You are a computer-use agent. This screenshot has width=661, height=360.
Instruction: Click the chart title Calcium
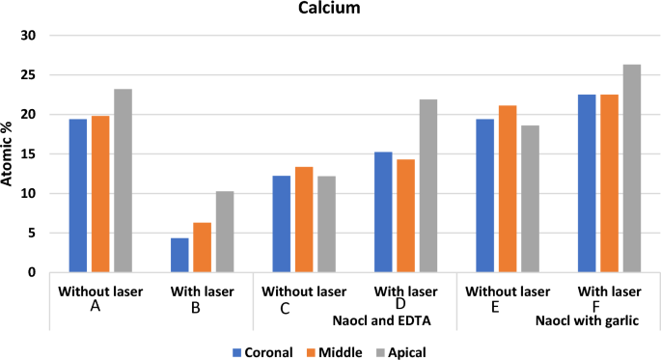pos(330,10)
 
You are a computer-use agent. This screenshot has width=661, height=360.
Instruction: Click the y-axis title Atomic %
pos(9,153)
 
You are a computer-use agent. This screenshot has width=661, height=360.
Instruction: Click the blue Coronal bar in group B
pos(179,255)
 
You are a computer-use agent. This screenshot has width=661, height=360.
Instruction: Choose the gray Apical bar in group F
pos(632,169)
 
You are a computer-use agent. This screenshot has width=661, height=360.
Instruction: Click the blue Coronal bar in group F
pos(586,183)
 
